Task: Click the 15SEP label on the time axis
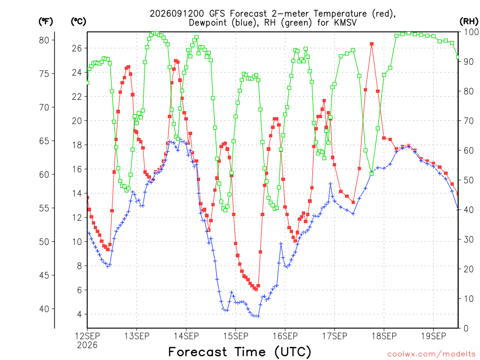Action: tap(235, 336)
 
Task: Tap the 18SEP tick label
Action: tap(384, 336)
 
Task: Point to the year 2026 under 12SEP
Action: tap(87, 345)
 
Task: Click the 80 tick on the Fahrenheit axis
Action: tap(44, 40)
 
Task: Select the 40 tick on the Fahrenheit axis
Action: tap(44, 309)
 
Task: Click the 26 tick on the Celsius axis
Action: tap(77, 48)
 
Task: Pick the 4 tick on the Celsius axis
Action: tap(80, 315)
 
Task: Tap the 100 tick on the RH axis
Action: tap(472, 32)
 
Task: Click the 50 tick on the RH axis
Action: tap(469, 180)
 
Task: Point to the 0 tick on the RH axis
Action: tap(466, 329)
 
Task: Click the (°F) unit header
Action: tap(45, 22)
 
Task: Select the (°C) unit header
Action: tap(78, 22)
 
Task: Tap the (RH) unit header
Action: tap(469, 22)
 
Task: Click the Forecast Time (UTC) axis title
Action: tap(240, 352)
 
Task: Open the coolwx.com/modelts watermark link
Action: tap(431, 354)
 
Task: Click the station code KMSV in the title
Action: tap(344, 22)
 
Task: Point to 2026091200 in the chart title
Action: tap(177, 14)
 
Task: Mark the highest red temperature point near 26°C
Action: tap(372, 44)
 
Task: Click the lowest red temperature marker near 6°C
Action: tap(256, 289)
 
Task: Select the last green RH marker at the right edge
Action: tap(458, 57)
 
